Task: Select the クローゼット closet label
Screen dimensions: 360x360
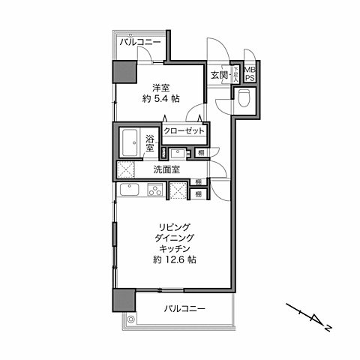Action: click(184, 130)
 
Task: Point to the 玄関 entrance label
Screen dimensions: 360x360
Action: click(219, 75)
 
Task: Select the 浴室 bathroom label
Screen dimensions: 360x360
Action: click(150, 142)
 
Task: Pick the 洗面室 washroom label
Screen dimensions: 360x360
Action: click(166, 169)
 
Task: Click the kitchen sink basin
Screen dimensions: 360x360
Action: click(128, 192)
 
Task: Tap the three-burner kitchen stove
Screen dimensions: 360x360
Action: click(154, 191)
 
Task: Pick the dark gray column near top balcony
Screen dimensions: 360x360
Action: click(124, 71)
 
